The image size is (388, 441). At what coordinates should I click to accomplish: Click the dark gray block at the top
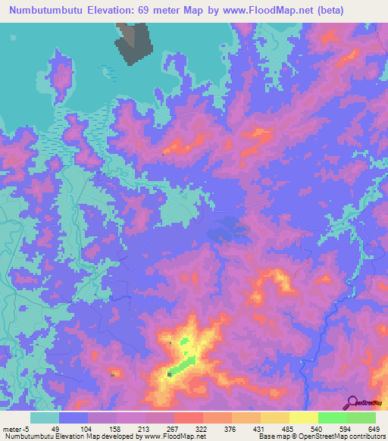(134, 42)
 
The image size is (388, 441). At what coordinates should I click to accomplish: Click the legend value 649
(374, 428)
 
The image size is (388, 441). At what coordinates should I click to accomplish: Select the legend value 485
(287, 428)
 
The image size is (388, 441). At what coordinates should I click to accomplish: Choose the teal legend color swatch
(45, 418)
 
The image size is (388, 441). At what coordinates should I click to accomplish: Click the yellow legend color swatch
(303, 418)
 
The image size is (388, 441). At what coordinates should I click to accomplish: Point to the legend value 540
(316, 428)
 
